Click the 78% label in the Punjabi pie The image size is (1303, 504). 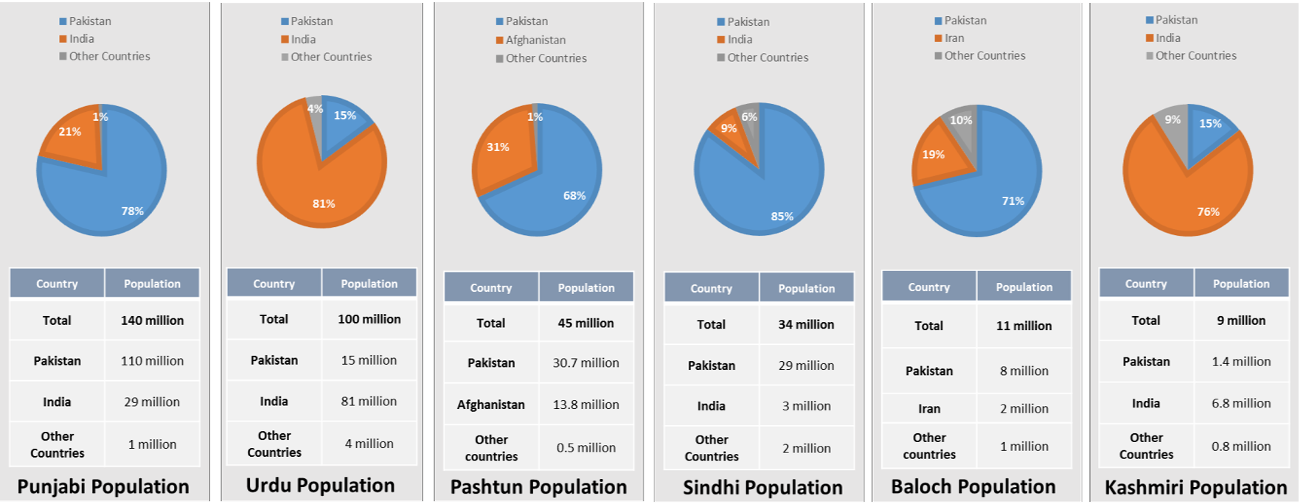tap(133, 211)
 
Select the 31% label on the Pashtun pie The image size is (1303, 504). tap(498, 147)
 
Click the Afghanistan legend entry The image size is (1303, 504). tap(535, 40)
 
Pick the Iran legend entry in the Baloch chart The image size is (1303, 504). tap(954, 38)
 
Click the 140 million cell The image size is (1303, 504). tap(152, 321)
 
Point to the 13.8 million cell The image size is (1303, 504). tap(586, 405)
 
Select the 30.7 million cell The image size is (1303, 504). tap(586, 363)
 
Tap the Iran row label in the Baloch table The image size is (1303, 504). tap(929, 408)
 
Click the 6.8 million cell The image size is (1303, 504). tap(1241, 403)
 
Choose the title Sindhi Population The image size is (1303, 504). tap(762, 488)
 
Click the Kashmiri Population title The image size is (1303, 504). tap(1195, 488)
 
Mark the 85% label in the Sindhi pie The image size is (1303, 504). tap(782, 216)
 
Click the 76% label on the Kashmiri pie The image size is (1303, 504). tap(1208, 211)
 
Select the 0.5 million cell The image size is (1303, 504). tap(586, 447)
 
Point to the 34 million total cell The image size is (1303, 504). tap(806, 324)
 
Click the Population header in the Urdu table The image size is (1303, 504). tap(369, 284)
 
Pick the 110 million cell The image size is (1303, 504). tap(152, 361)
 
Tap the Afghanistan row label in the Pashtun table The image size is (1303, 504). tap(491, 405)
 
